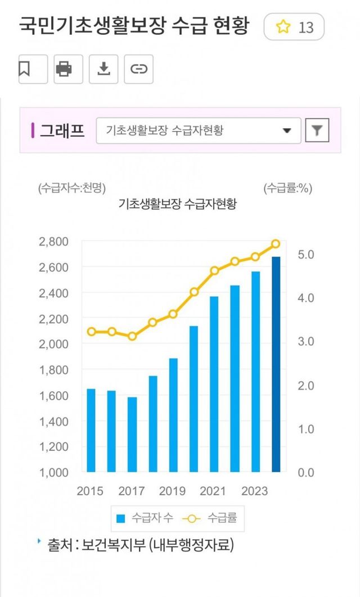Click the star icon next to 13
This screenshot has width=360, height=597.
[x=283, y=27]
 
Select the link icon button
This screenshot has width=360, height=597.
[x=138, y=69]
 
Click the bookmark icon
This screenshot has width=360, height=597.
[x=25, y=69]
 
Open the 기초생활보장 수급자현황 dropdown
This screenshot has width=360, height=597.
[x=199, y=130]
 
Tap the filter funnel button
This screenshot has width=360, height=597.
[x=317, y=131]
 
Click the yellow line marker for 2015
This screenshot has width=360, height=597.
[x=91, y=332]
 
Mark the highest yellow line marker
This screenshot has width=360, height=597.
[x=276, y=244]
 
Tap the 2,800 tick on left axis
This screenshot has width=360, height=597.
[x=54, y=242]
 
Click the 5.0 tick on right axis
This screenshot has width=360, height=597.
[x=306, y=254]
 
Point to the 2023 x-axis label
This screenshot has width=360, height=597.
[x=255, y=491]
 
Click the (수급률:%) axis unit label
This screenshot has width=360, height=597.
[x=287, y=188]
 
